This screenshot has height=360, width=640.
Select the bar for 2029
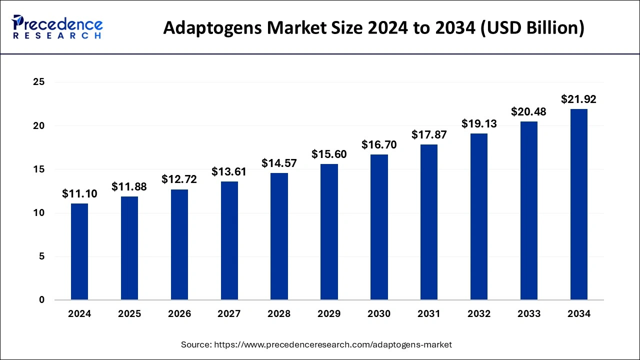click(x=329, y=232)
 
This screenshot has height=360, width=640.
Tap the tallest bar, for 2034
click(x=578, y=204)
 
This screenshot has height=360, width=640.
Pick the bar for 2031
click(x=429, y=222)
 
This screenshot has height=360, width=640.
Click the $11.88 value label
click(x=129, y=186)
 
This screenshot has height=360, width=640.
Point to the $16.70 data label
click(x=379, y=145)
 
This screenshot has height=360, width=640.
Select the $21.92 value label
click(x=578, y=99)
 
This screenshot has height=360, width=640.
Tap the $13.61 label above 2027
click(x=229, y=172)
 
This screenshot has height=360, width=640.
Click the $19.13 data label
click(x=479, y=123)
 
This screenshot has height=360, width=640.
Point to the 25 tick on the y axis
click(x=39, y=82)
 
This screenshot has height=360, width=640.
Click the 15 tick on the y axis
click(x=39, y=169)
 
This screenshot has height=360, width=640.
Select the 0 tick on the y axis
click(x=42, y=300)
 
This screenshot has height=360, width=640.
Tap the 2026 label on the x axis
click(x=179, y=314)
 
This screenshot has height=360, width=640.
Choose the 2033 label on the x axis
click(x=529, y=314)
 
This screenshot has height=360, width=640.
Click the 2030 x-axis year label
click(x=379, y=314)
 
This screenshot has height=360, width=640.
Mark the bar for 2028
click(x=279, y=236)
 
